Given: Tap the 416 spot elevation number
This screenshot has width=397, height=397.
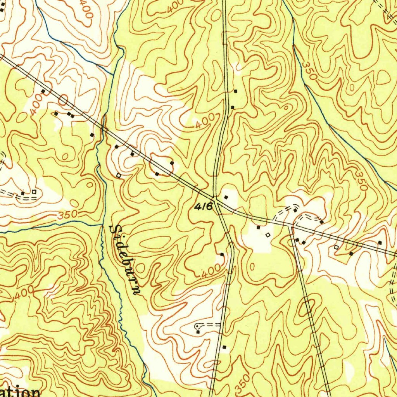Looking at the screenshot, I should click(x=204, y=207).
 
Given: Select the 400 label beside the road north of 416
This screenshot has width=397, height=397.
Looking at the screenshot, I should click(x=205, y=124).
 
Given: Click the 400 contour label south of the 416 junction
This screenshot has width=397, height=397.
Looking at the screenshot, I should click(x=211, y=271).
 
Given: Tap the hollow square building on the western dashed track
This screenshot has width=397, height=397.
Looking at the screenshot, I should click(x=34, y=192).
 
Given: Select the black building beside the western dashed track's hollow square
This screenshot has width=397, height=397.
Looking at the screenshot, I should click(x=23, y=193).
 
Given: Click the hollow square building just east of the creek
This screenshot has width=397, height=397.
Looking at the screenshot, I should click(x=119, y=176).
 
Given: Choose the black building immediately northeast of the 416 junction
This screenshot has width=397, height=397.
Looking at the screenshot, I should click(x=226, y=197).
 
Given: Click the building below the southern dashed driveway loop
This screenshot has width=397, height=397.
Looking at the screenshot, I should click(x=198, y=332).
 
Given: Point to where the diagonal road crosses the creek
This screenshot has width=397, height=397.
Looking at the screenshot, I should click(x=103, y=126).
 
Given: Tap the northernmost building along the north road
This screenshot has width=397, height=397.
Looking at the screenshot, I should click(x=235, y=91).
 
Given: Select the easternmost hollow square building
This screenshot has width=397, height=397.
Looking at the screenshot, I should click(x=336, y=247).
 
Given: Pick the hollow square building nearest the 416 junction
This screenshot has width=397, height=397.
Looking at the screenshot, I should click(x=267, y=235).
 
